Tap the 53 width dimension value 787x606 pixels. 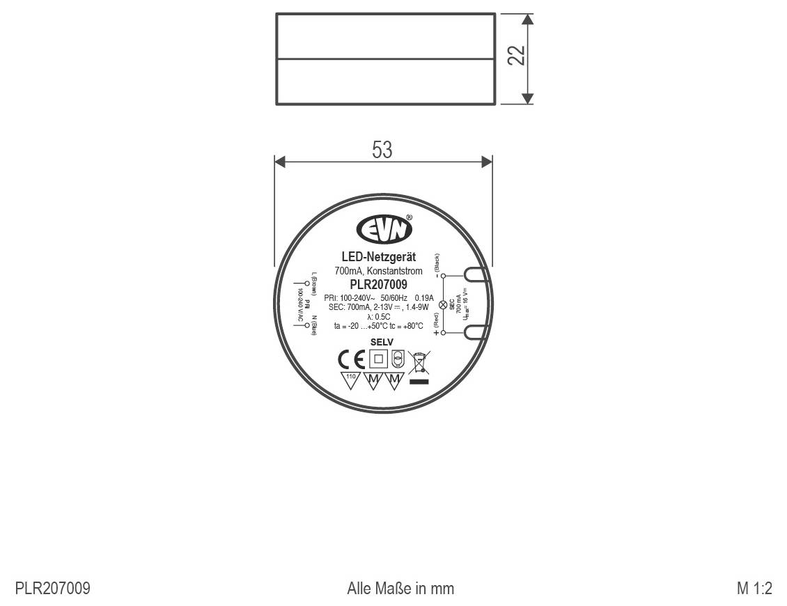pos(382,150)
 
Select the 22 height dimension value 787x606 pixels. pos(516,55)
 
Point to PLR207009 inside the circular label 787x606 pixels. pos(379,284)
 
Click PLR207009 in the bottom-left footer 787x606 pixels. pos(53,589)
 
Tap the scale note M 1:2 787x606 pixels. pos(755,589)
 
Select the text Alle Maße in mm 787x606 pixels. pos(400,589)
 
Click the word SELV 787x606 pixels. pos(382,342)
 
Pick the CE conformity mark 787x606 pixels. pos(351,359)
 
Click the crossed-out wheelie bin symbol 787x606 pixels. pos(418,363)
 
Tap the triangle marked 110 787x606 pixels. pos(350,380)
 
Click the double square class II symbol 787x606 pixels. pos(378,359)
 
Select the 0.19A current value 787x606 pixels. pos(423,298)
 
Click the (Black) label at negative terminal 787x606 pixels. pos(437,263)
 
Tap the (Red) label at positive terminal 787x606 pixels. pos(437,320)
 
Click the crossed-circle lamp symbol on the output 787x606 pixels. pos(441,304)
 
